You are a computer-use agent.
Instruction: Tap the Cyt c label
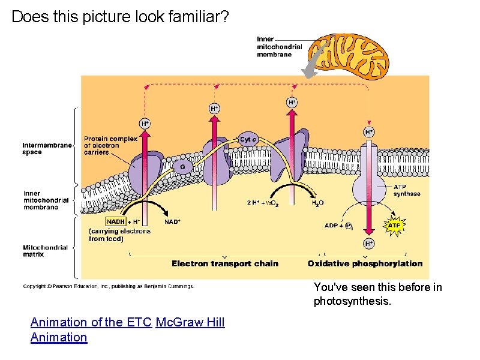pyautogui.click(x=248, y=140)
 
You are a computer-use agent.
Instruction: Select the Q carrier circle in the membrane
pyautogui.click(x=182, y=166)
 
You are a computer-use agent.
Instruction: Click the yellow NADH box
pyautogui.click(x=115, y=222)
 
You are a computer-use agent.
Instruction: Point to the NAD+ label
pyautogui.click(x=172, y=222)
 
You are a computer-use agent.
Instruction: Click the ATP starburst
pyautogui.click(x=393, y=226)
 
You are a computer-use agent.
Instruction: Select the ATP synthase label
pyautogui.click(x=406, y=190)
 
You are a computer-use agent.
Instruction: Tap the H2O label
pyautogui.click(x=317, y=203)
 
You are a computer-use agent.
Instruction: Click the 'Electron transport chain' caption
pyautogui.click(x=225, y=263)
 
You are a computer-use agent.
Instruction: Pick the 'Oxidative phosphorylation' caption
pyautogui.click(x=365, y=263)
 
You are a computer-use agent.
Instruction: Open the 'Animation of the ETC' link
pyautogui.click(x=91, y=322)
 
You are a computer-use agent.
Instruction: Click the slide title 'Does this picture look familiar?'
pyautogui.click(x=120, y=17)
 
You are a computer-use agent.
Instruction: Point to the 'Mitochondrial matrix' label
pyautogui.click(x=42, y=250)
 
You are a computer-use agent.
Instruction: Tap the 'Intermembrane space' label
pyautogui.click(x=47, y=148)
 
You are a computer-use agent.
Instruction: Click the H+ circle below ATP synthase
pyautogui.click(x=368, y=243)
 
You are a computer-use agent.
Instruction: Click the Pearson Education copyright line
pyautogui.click(x=109, y=286)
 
